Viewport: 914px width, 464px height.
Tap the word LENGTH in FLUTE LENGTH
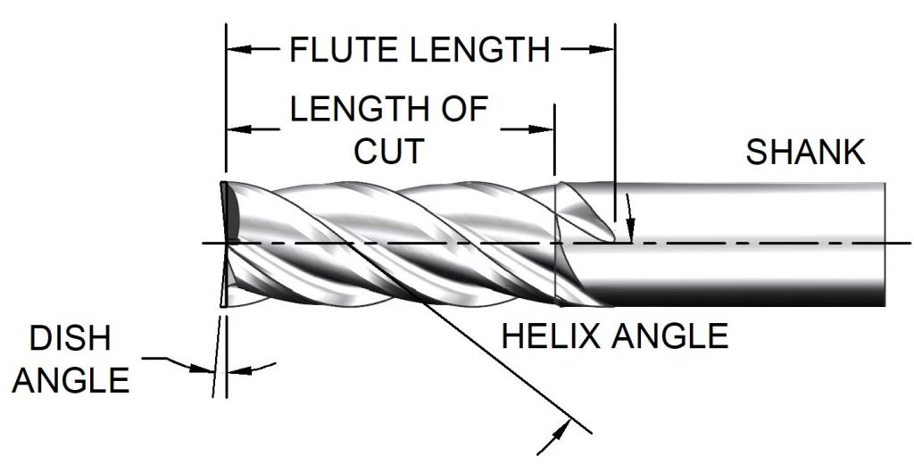pyautogui.click(x=475, y=51)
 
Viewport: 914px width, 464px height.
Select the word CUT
pyautogui.click(x=389, y=151)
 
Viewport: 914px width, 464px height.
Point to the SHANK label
pyautogui.click(x=806, y=153)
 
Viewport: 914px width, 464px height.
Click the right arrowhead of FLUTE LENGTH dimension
pyautogui.click(x=607, y=50)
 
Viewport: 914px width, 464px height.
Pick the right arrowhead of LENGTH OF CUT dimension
pyautogui.click(x=546, y=130)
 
